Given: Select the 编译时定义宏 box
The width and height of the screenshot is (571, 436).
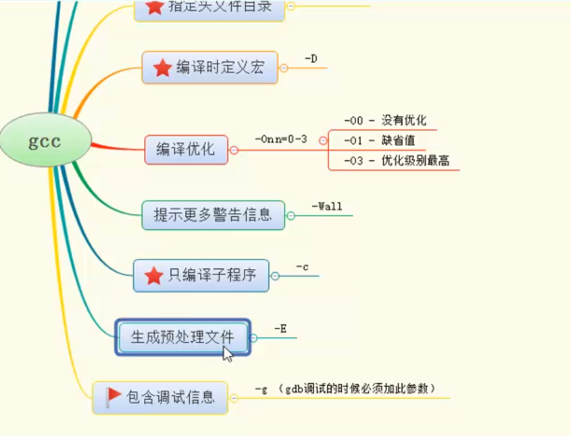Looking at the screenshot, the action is pyautogui.click(x=210, y=68).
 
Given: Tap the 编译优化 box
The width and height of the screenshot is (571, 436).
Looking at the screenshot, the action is pyautogui.click(x=186, y=149).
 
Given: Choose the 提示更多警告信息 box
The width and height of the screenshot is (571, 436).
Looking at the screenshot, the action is pyautogui.click(x=213, y=215).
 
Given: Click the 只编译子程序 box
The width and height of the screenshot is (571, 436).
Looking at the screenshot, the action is pyautogui.click(x=201, y=276).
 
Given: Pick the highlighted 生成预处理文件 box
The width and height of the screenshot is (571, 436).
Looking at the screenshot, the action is pyautogui.click(x=183, y=337).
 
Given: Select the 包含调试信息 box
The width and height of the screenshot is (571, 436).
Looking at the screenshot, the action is pyautogui.click(x=160, y=397).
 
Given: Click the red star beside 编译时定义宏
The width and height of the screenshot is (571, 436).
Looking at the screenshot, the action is pyautogui.click(x=163, y=68).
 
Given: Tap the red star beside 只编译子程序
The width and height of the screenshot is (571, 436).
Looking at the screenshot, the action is pyautogui.click(x=153, y=276).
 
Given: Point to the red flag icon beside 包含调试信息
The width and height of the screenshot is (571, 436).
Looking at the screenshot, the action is pyautogui.click(x=115, y=395).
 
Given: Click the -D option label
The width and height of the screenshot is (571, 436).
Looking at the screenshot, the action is pyautogui.click(x=310, y=59).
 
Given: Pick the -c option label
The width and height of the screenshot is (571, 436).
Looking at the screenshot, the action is pyautogui.click(x=302, y=267).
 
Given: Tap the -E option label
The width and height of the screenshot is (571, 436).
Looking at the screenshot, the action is pyautogui.click(x=280, y=329).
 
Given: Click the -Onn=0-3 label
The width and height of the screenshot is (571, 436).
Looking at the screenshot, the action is pyautogui.click(x=281, y=138).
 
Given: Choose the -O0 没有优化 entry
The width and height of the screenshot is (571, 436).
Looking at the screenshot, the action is pyautogui.click(x=384, y=120).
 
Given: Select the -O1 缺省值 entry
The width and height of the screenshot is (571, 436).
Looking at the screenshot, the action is pyautogui.click(x=380, y=140).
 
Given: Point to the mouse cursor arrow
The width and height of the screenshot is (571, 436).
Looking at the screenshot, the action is pyautogui.click(x=227, y=354).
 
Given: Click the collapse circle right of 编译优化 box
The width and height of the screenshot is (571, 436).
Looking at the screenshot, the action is pyautogui.click(x=234, y=150).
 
